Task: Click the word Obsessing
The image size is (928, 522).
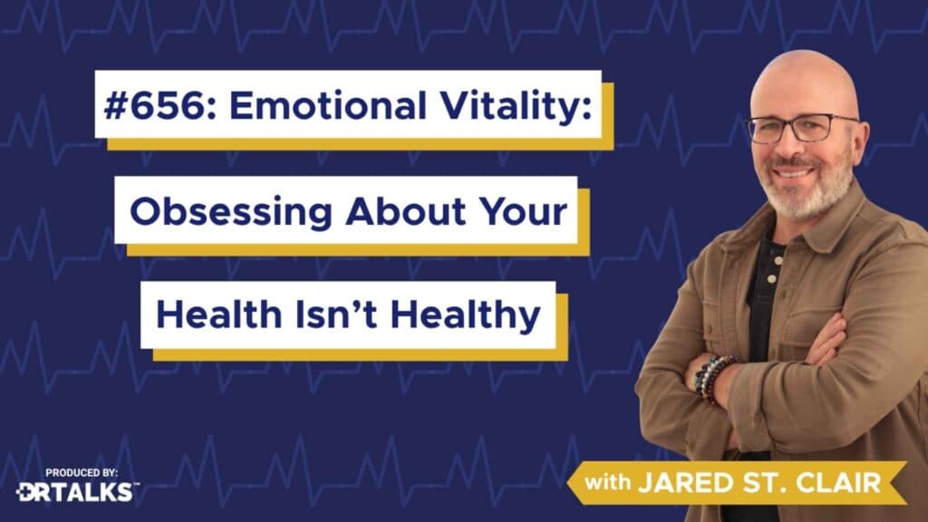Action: [231, 212]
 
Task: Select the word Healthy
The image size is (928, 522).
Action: [465, 314]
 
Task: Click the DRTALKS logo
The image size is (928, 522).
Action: [77, 491]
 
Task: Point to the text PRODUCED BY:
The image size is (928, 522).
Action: [82, 473]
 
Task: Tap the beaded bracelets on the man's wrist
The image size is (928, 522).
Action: [713, 378]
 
